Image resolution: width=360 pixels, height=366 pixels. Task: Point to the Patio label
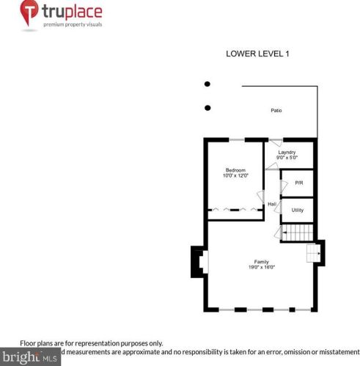[276, 111]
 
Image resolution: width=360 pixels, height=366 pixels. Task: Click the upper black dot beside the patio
[207, 84]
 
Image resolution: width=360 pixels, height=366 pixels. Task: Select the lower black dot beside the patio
[207, 108]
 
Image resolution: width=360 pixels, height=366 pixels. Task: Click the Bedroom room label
[235, 169]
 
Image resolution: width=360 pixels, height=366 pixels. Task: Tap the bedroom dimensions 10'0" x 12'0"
[235, 176]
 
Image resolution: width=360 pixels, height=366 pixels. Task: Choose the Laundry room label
[286, 152]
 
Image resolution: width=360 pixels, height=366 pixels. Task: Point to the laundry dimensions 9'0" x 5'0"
[286, 158]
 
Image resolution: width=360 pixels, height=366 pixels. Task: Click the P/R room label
[298, 182]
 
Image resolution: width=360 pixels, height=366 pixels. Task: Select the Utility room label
[298, 210]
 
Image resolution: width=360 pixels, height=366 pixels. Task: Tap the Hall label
[272, 204]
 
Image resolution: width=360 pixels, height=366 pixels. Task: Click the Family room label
[262, 262]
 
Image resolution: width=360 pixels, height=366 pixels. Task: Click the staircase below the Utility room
[297, 233]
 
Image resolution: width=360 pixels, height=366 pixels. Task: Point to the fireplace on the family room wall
[199, 262]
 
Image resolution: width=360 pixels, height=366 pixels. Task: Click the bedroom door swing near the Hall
[260, 197]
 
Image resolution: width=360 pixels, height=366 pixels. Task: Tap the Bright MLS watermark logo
[29, 359]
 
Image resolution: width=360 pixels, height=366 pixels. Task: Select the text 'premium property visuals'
[73, 24]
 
